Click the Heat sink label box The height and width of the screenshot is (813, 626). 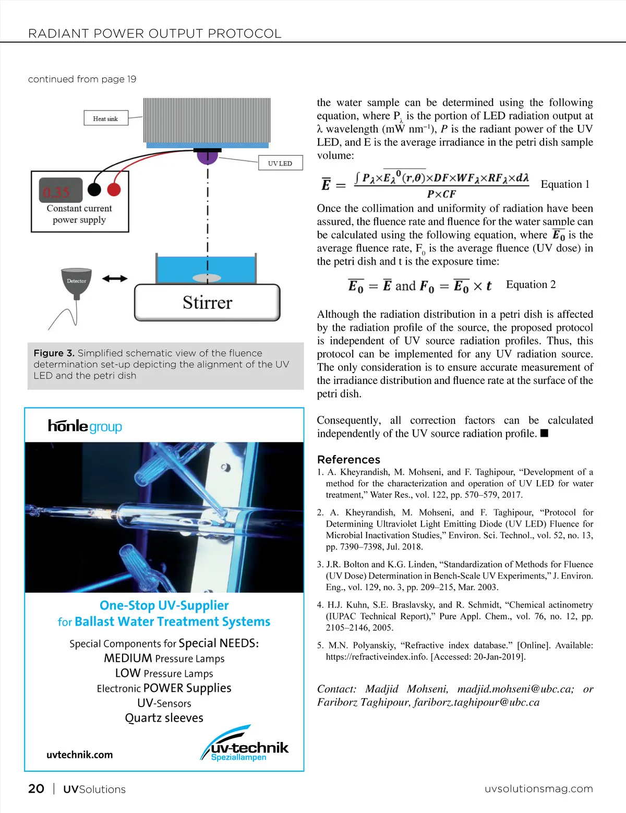[x=105, y=118]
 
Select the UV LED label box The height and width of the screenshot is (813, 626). [x=280, y=163]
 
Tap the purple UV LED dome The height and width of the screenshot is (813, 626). [x=207, y=156]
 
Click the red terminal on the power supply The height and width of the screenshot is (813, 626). [x=114, y=189]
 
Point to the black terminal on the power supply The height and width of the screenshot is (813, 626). [x=94, y=189]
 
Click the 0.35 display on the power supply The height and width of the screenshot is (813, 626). [x=58, y=192]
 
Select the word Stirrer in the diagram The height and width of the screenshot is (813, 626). [x=207, y=303]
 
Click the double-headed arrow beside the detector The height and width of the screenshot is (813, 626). [x=115, y=279]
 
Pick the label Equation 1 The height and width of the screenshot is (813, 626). [x=564, y=184]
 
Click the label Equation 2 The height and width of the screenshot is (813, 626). [x=531, y=284]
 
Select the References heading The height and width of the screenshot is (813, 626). [x=348, y=459]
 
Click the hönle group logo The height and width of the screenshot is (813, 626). [x=85, y=426]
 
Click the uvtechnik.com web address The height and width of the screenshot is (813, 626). [x=79, y=755]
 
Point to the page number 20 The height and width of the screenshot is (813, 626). [x=36, y=788]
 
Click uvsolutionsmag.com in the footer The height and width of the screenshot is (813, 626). [x=538, y=788]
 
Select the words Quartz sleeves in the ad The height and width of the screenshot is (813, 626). [x=164, y=718]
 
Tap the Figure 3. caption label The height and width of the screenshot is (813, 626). [x=54, y=353]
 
